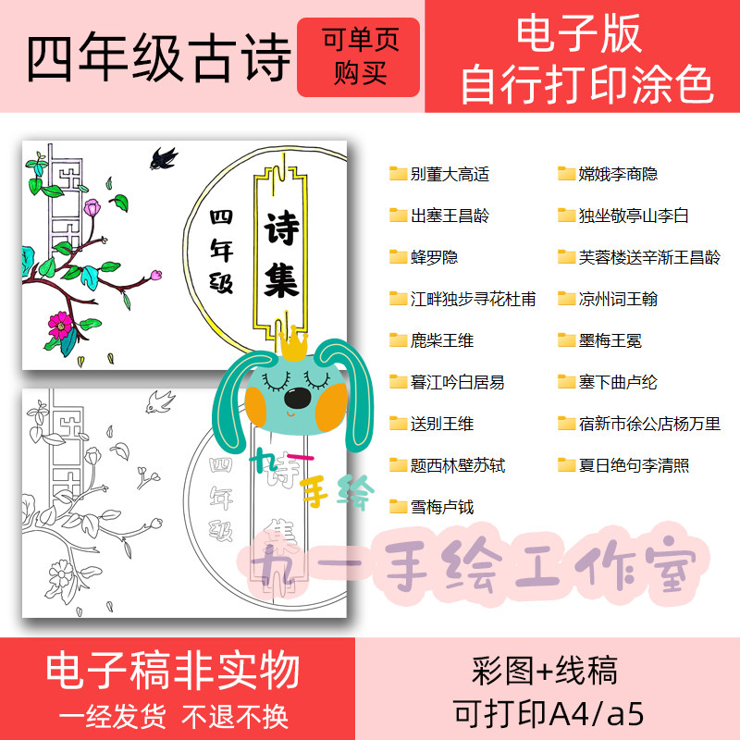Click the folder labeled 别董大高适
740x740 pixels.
[439, 174]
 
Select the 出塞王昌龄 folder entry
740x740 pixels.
[439, 216]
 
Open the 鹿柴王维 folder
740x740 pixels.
[431, 340]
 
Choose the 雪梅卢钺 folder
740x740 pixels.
[431, 507]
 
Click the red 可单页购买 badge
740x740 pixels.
[357, 56]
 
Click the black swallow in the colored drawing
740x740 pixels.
[165, 158]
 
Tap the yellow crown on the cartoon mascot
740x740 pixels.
[293, 345]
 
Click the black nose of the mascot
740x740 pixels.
[296, 398]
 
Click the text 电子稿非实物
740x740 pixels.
[173, 669]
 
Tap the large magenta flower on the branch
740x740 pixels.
[61, 323]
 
